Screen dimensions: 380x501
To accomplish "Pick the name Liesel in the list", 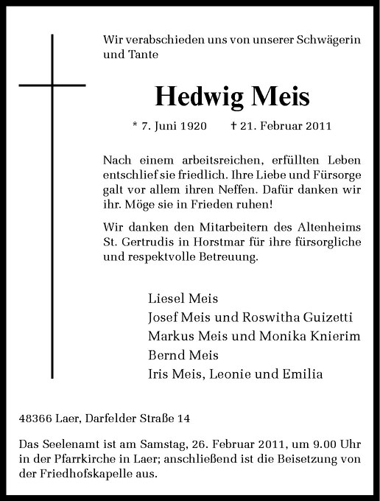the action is coord(166,299).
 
